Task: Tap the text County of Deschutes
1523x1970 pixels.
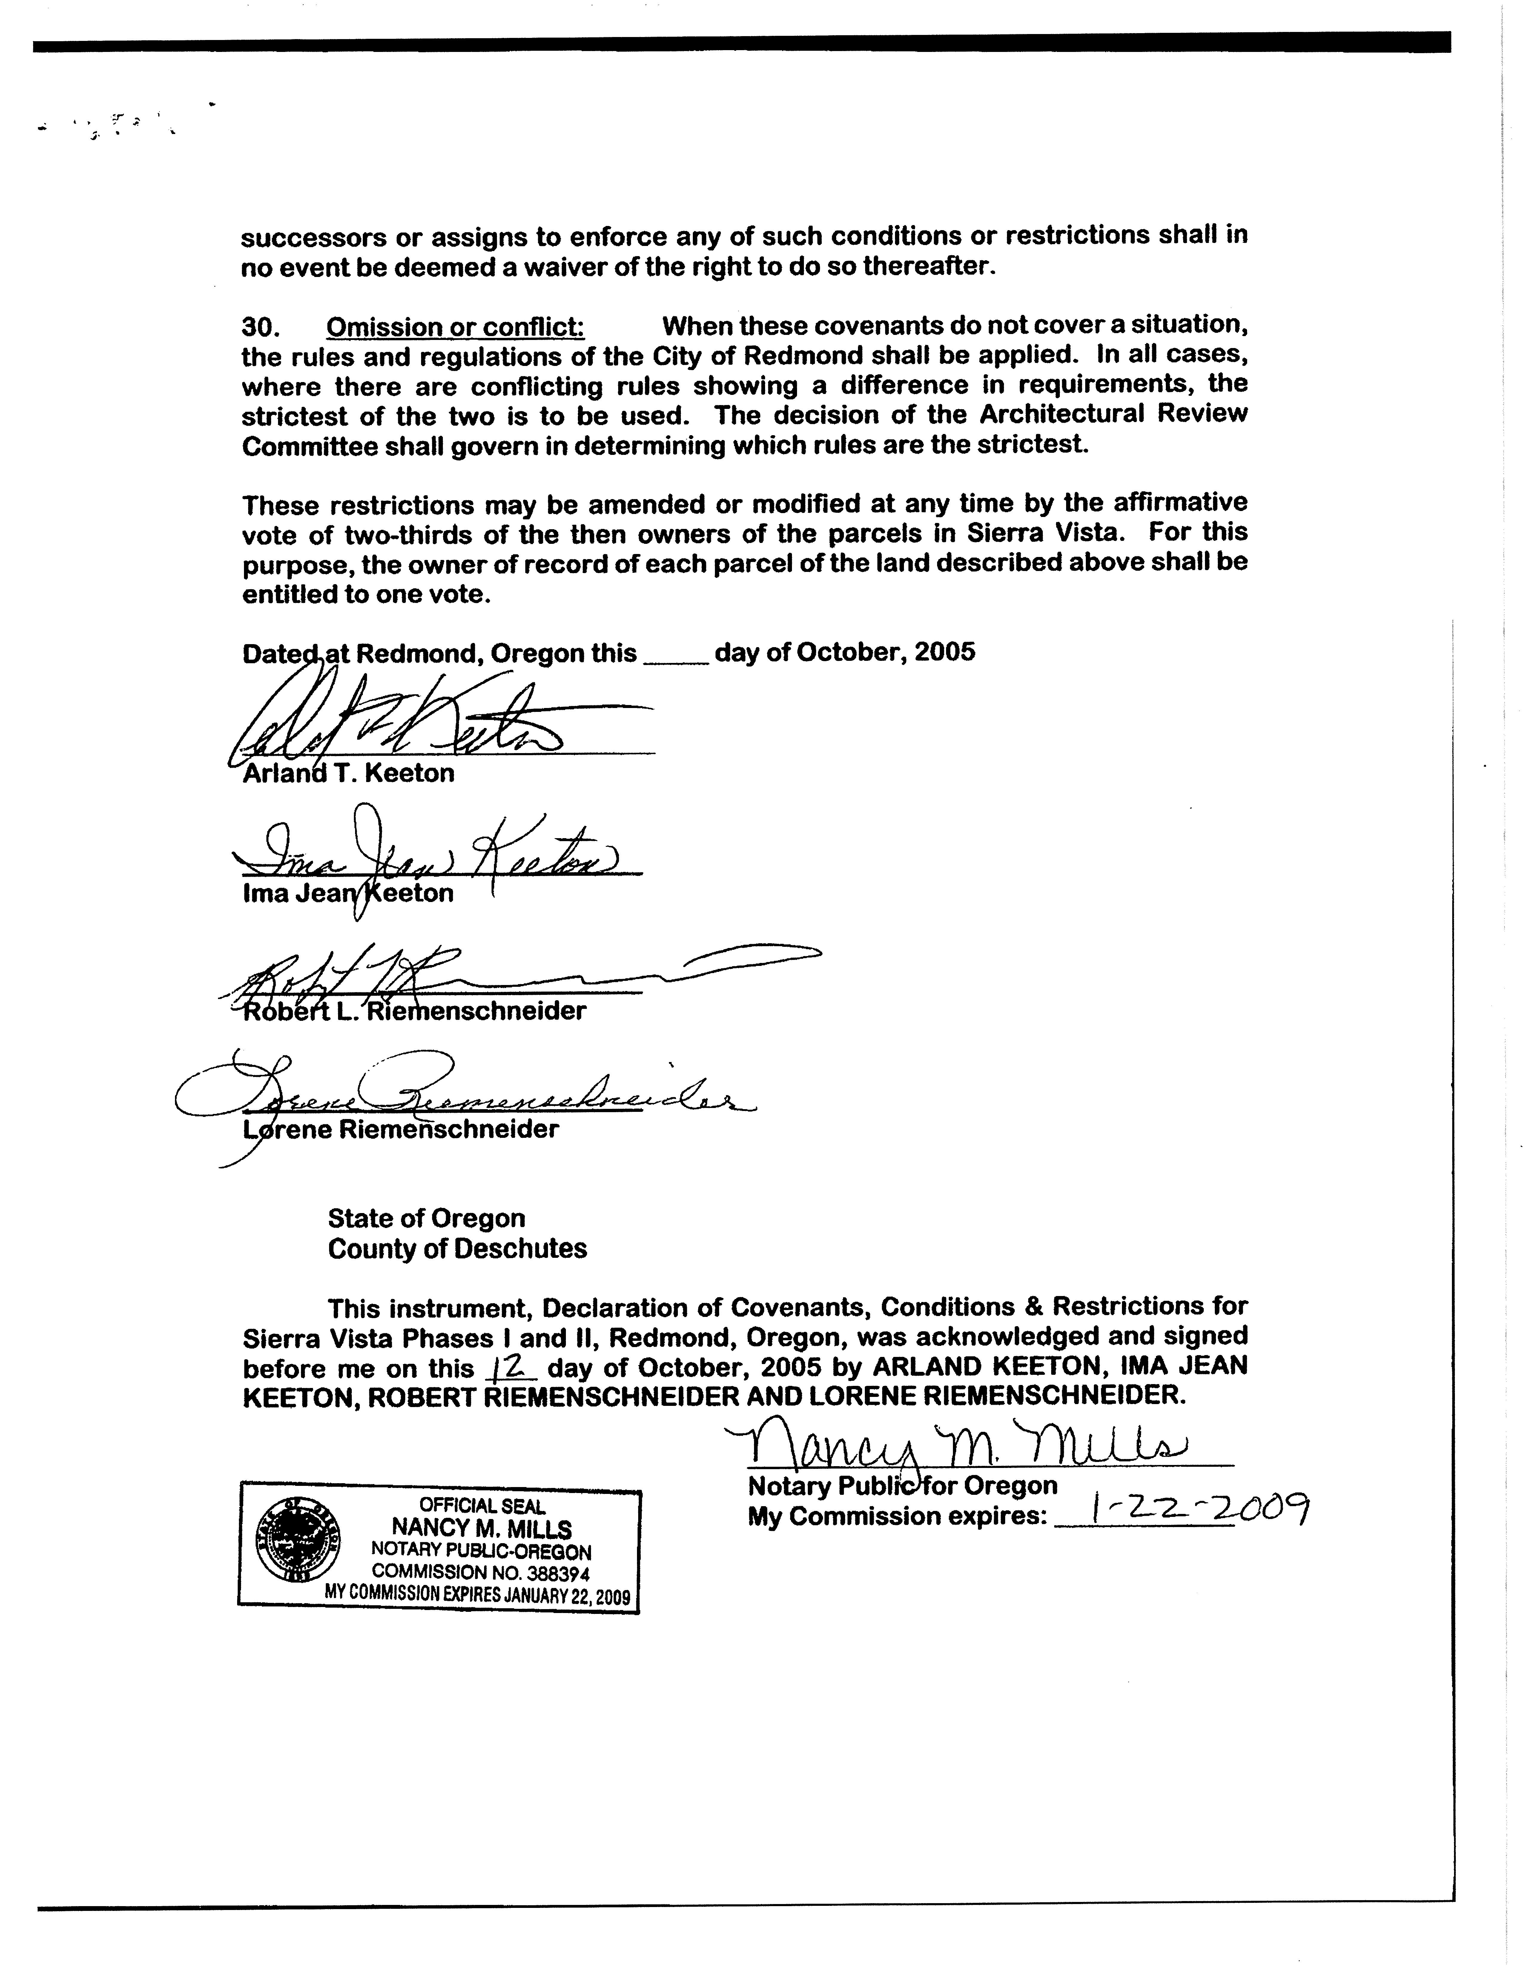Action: coord(457,1249)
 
